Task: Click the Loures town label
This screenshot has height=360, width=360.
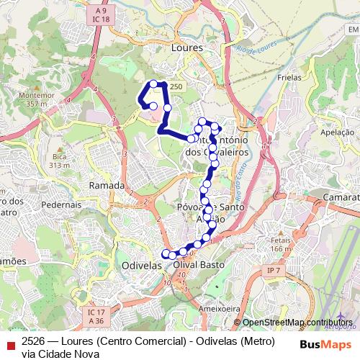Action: click(x=188, y=47)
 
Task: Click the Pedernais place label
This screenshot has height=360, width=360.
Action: click(x=60, y=204)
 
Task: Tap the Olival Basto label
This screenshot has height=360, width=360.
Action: click(x=199, y=265)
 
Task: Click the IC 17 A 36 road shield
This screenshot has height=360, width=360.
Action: click(x=96, y=315)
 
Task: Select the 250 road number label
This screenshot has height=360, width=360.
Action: click(x=176, y=86)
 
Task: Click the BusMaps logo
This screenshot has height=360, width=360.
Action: click(x=325, y=344)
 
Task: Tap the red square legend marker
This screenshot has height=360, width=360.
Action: click(x=9, y=343)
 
